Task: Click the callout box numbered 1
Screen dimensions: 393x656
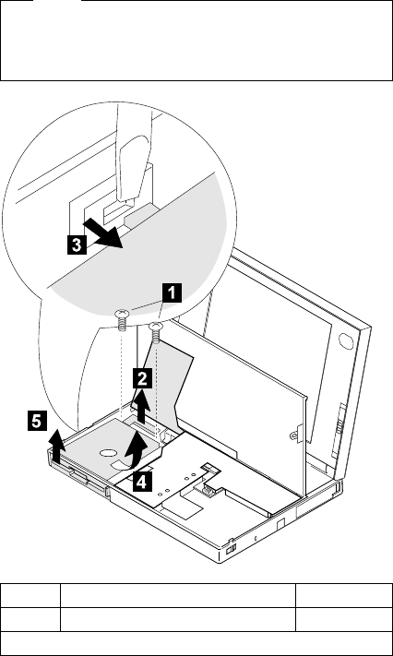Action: point(173,292)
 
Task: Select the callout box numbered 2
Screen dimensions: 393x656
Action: point(142,380)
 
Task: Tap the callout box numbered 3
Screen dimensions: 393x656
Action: point(77,245)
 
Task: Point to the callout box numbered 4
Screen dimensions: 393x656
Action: point(142,483)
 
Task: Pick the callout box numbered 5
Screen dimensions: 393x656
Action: point(37,422)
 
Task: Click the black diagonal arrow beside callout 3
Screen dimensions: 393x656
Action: point(102,234)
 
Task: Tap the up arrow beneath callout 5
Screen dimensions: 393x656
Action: point(57,447)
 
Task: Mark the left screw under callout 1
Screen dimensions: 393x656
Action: point(121,320)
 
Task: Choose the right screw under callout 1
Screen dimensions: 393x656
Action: point(156,332)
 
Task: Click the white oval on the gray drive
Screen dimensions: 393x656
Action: point(108,453)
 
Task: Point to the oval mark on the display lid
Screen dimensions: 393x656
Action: point(346,340)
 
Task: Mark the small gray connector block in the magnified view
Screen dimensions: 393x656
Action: point(141,214)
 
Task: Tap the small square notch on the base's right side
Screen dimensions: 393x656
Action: point(280,523)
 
